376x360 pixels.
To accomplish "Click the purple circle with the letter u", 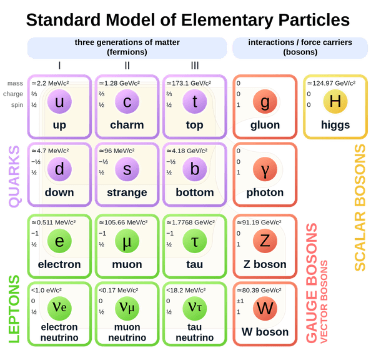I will [60, 103].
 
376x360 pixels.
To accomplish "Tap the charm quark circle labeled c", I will [127, 103].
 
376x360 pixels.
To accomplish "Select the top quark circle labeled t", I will [195, 103].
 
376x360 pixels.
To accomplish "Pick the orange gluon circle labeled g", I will [265, 103].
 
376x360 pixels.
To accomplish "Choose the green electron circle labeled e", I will [60, 241].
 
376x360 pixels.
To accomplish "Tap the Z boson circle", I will [265, 241].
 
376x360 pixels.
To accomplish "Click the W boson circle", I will [265, 309].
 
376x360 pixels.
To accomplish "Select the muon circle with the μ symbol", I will [127, 241].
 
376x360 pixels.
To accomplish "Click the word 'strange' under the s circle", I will [127, 192].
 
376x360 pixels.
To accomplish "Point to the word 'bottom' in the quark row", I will [195, 192].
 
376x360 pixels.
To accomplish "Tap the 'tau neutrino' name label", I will [195, 332].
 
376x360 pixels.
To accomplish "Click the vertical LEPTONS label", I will [14, 309].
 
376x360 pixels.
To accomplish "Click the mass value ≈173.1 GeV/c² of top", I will [190, 83].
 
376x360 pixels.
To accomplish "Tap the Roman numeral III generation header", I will [195, 64].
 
